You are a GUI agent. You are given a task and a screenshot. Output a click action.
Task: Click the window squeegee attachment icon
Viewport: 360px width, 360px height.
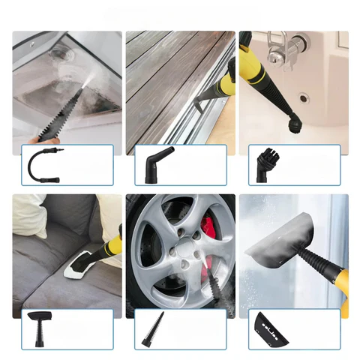[271, 326]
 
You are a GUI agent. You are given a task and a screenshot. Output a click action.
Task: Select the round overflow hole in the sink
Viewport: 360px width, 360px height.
[303, 97]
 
